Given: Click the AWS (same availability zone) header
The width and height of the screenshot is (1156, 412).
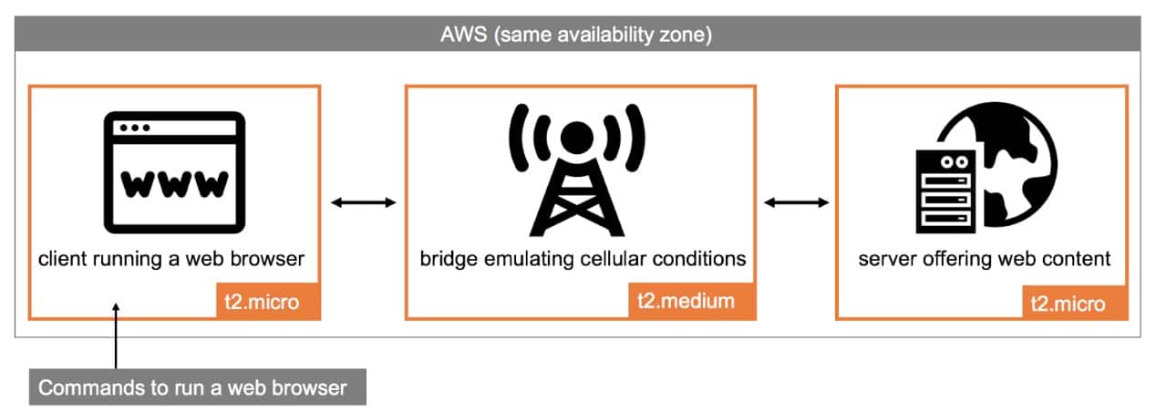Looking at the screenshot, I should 577,36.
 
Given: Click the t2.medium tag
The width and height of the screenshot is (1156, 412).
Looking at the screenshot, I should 692,301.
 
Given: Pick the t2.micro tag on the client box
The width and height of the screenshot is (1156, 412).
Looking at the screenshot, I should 263,301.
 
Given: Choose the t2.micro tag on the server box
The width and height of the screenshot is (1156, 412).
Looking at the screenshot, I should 1070,301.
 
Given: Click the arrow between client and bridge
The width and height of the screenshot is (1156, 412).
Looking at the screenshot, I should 363,202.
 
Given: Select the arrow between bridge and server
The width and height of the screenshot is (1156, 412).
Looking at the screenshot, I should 796,202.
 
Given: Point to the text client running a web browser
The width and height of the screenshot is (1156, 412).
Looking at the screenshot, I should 171,260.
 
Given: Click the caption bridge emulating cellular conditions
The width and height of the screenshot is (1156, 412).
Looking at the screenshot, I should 583,260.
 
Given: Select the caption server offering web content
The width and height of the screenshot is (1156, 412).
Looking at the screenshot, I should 985,260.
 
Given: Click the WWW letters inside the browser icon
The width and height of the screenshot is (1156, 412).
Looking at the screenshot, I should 174,184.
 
